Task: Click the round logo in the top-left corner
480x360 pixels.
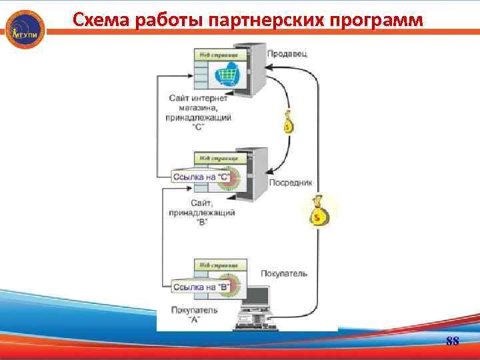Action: click(25, 29)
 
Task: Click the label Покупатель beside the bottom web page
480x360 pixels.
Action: click(284, 273)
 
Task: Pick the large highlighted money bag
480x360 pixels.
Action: click(318, 211)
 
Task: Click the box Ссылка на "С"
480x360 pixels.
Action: click(201, 177)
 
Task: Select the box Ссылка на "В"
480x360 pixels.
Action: click(201, 287)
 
